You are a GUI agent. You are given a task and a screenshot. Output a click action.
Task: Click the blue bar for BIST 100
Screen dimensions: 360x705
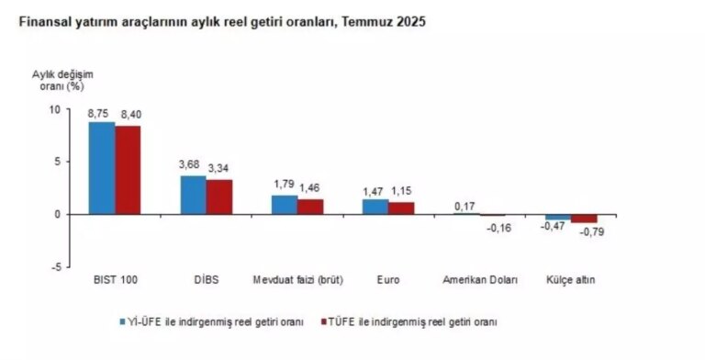tap(102, 168)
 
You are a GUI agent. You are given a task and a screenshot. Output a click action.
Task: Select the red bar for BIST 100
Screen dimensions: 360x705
tap(128, 170)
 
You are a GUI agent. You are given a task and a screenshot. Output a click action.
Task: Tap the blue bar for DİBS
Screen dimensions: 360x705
tap(193, 195)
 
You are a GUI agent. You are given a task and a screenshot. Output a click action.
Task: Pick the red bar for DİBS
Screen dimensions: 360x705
tap(218, 197)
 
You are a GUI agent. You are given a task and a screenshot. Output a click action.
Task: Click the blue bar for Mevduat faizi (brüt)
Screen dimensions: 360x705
tap(285, 205)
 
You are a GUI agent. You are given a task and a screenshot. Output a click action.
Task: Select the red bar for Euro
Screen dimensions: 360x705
tap(401, 208)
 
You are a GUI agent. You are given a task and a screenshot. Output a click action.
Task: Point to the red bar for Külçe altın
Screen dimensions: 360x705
tap(584, 219)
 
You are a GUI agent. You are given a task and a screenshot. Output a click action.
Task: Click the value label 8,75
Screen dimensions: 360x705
tap(99, 113)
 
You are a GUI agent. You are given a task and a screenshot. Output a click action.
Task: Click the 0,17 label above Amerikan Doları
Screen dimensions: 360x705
tap(464, 205)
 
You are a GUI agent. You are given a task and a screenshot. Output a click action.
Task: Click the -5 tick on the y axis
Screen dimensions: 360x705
tap(54, 267)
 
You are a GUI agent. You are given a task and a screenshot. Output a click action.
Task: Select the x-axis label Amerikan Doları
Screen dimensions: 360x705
tap(480, 279)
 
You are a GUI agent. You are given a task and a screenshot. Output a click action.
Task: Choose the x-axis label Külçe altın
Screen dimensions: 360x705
tap(570, 279)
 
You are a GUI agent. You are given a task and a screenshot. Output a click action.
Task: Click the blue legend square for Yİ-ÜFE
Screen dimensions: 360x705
tap(122, 322)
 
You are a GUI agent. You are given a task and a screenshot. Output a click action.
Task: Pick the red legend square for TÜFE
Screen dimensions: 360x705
tap(323, 322)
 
